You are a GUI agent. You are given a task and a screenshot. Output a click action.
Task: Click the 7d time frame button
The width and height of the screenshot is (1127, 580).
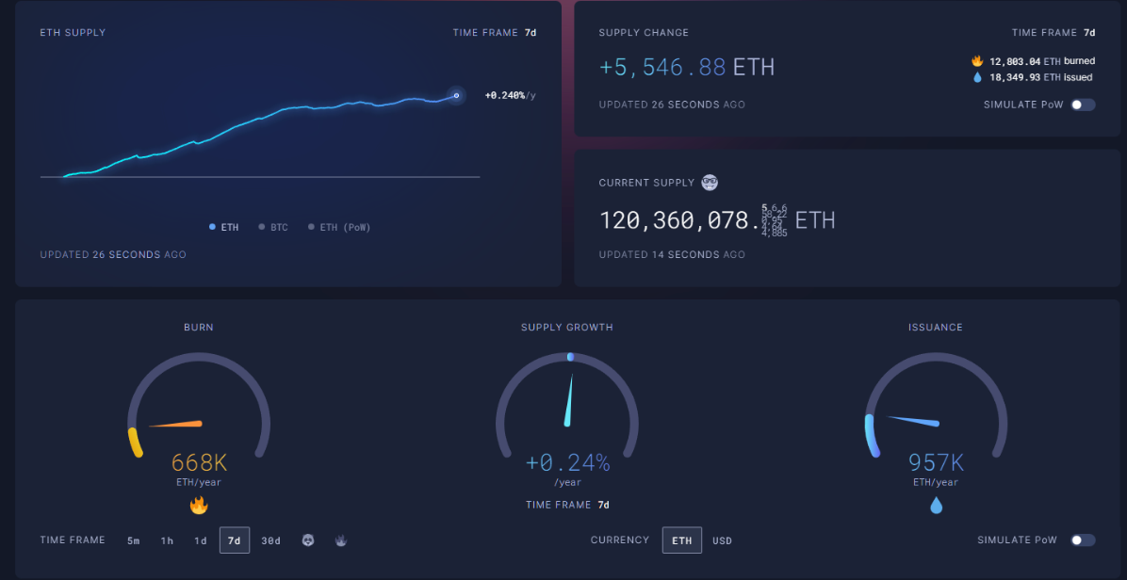[x=235, y=540]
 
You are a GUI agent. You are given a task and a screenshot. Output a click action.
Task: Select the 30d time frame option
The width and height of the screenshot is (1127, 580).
[x=271, y=540]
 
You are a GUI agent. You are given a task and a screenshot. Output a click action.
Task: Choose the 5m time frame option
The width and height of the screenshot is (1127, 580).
[x=134, y=540]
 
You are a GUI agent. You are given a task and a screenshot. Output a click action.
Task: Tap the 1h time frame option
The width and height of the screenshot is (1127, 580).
[x=167, y=540]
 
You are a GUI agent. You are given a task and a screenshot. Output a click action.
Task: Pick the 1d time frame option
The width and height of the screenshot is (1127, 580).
[x=201, y=540]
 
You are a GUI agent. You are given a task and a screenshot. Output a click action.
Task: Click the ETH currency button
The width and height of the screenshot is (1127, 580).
[x=682, y=540]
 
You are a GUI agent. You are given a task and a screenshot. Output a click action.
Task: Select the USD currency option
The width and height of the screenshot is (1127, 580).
[x=722, y=540]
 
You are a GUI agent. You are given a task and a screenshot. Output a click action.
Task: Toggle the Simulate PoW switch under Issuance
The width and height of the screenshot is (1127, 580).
[x=1084, y=540]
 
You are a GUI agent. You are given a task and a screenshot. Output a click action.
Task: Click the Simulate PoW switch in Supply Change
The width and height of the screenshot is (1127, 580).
[x=1084, y=105]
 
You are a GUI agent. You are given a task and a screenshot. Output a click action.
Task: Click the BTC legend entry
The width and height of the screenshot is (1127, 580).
[x=274, y=227]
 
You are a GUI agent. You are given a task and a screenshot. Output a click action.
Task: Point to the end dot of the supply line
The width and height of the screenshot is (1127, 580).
[x=456, y=95]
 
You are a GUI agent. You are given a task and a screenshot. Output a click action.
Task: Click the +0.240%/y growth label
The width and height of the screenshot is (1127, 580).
[x=510, y=95]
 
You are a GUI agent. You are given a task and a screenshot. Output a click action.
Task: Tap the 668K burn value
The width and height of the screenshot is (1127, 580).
[x=199, y=462]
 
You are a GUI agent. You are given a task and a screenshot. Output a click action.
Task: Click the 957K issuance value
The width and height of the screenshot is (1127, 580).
[x=936, y=462]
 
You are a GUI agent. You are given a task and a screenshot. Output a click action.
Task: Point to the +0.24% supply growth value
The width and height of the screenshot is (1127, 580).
[x=567, y=462]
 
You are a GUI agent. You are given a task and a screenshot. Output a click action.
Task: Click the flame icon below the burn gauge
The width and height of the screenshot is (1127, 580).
[x=199, y=506]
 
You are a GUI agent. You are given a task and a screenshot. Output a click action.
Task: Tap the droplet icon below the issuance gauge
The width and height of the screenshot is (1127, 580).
[x=936, y=506]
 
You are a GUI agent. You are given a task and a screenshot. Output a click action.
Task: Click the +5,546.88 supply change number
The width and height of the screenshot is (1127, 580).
[x=662, y=67]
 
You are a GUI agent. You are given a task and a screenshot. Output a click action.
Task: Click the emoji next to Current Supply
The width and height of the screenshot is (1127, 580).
[x=710, y=183]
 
